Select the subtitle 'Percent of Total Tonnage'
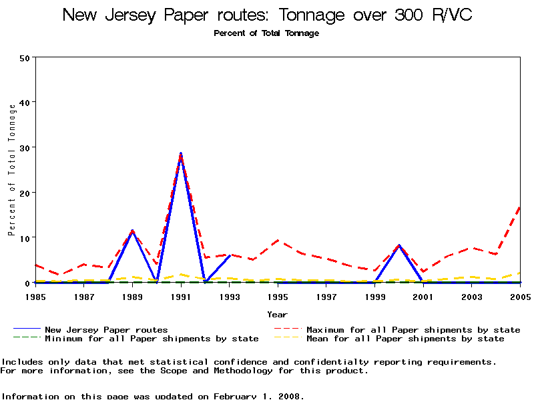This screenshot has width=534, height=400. pos(266,33)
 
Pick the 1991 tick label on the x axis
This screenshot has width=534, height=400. pos(181,295)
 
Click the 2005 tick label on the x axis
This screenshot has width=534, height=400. pos(520,295)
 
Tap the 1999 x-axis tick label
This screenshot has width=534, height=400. pos(375,295)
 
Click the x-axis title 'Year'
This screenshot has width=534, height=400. pos(278,314)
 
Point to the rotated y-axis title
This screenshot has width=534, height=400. pos(12,170)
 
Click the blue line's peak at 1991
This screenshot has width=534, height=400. pos(181,153)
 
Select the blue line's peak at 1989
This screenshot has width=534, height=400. pos(132,231)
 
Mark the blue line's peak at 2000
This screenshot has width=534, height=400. pos(399,245)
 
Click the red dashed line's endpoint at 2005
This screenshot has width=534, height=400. pos(520,207)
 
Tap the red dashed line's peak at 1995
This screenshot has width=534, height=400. pos(278,241)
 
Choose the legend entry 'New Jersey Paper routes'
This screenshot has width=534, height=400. pos(106,330)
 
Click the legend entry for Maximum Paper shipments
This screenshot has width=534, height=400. pos(413,330)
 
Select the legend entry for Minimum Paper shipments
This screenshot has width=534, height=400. pos(152,339)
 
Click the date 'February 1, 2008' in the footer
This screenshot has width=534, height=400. pos(259,396)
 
